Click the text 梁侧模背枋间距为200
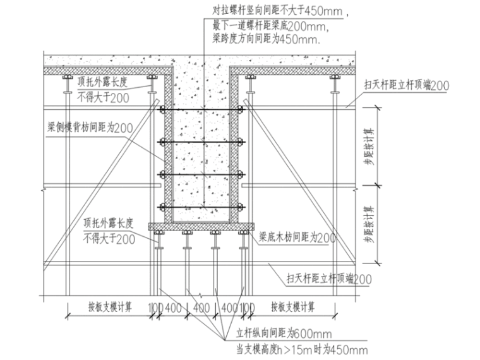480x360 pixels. click(x=90, y=128)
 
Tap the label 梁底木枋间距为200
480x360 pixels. click(x=297, y=237)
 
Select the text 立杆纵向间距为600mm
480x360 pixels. click(x=284, y=333)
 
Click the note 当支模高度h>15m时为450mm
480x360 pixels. click(x=302, y=349)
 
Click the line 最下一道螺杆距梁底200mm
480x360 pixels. click(x=270, y=26)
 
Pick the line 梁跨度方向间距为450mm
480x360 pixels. click(x=266, y=39)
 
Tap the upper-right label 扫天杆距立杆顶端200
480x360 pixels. click(x=407, y=85)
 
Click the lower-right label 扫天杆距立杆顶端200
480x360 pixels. click(x=329, y=279)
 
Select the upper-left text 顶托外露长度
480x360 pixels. click(x=102, y=81)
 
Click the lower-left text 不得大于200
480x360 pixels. click(x=109, y=239)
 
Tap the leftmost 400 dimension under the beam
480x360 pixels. click(x=173, y=308)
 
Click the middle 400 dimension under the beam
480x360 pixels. click(x=201, y=308)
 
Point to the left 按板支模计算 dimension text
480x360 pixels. click(x=110, y=307)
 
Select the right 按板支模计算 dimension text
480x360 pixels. click(x=292, y=307)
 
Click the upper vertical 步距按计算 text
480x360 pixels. click(x=369, y=147)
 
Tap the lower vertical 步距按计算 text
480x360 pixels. click(x=369, y=224)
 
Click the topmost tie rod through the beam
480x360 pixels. click(x=201, y=109)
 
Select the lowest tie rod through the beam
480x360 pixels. click(x=201, y=208)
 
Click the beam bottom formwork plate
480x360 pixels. click(x=201, y=227)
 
